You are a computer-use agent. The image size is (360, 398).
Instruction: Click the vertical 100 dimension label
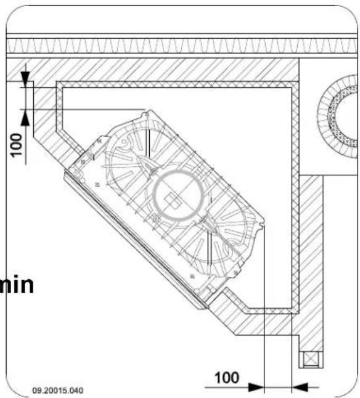pyautogui.click(x=16, y=145)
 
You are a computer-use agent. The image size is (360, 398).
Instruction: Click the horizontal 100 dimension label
pyautogui.click(x=227, y=378)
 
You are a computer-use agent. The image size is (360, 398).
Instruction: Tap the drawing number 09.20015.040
pyautogui.click(x=58, y=390)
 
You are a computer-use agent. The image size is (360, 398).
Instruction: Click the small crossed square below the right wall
pyautogui.click(x=311, y=359)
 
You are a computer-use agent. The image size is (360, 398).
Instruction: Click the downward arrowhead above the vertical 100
pyautogui.click(x=25, y=78)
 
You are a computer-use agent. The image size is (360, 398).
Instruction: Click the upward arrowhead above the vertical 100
pyautogui.click(x=25, y=119)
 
